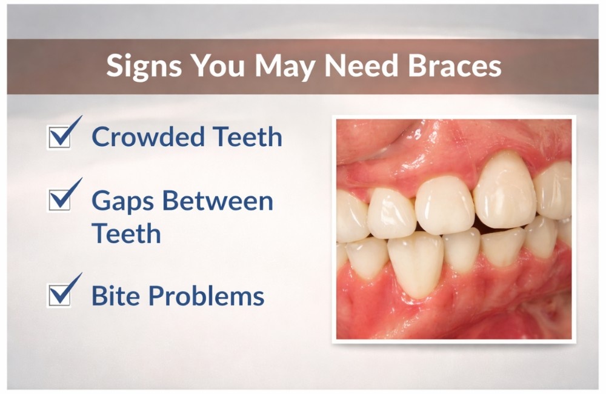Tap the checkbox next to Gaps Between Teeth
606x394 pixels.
pyautogui.click(x=60, y=199)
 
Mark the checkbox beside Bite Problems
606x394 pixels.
pyautogui.click(x=60, y=295)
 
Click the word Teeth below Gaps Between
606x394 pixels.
pyautogui.click(x=126, y=233)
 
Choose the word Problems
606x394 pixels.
pyautogui.click(x=206, y=296)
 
